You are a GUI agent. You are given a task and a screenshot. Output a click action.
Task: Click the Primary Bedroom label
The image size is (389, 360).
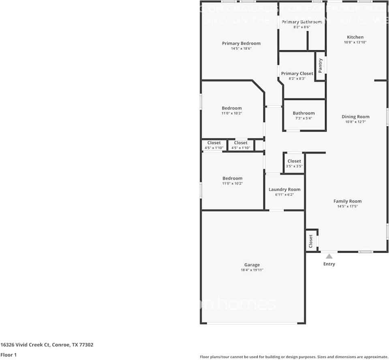241,43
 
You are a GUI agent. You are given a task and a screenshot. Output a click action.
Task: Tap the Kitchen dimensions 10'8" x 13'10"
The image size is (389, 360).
355,42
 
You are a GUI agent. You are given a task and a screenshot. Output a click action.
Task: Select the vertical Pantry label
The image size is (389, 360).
320,66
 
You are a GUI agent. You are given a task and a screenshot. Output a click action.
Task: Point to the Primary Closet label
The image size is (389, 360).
297,73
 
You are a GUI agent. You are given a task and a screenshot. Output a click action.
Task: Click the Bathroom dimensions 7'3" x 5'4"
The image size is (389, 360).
304,119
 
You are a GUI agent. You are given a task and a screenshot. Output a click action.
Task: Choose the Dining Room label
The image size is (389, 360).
355,117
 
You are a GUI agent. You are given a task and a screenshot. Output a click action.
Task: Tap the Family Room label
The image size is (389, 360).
347,201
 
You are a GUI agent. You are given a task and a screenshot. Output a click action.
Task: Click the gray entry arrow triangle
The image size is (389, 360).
329,256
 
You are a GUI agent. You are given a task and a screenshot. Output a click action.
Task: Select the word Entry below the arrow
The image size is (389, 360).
329,264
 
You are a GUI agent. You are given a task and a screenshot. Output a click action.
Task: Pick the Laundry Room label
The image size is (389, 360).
284,190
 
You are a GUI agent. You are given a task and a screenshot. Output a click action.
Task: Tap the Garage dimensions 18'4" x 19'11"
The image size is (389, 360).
252,270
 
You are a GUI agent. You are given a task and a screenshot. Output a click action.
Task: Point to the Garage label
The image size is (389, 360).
252,265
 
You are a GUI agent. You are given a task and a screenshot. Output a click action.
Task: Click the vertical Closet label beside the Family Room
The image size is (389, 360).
311,241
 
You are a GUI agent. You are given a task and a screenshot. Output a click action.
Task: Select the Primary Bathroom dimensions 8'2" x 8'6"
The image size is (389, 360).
302,27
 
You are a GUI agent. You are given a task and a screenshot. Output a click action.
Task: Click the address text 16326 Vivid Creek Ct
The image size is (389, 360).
25,345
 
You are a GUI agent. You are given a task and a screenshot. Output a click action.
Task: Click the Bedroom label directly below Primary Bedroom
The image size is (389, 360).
231,108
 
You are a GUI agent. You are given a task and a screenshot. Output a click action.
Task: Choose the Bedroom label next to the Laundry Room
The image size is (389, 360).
232,178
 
